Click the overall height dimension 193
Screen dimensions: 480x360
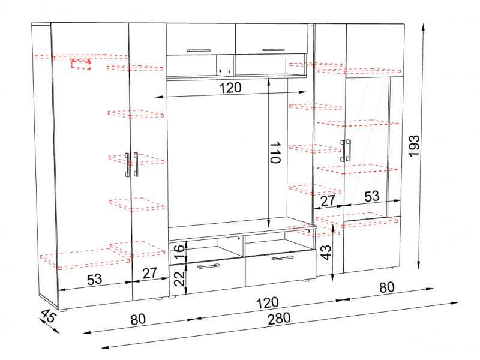tap(414, 146)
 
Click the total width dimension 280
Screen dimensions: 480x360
tap(279, 319)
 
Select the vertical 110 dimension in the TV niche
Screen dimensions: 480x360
tap(275, 152)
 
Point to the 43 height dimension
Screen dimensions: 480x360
tap(326, 252)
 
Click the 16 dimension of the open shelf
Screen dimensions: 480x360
tap(179, 251)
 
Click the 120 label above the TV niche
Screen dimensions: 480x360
tap(230, 88)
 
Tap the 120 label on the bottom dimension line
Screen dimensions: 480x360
tap(267, 303)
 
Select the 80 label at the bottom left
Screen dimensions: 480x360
tap(138, 319)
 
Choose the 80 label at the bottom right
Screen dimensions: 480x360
tap(386, 287)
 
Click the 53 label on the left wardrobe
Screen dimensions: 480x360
tap(95, 280)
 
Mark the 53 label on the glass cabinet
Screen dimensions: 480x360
tap(372, 196)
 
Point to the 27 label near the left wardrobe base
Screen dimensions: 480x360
tap(149, 273)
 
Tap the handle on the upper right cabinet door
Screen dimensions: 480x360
tap(274, 50)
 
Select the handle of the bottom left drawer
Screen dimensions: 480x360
tap(209, 266)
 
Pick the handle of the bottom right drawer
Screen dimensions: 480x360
tap(283, 258)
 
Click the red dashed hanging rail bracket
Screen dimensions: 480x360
tap(81, 64)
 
